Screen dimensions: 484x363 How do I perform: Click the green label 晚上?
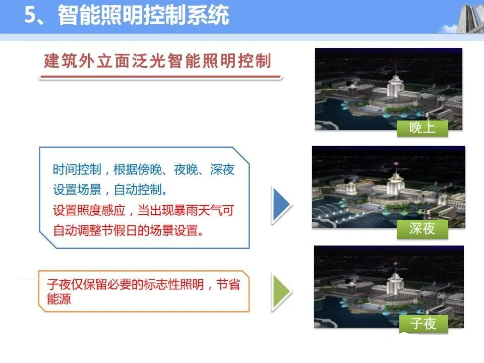[422, 128]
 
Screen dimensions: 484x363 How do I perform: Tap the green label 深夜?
[422, 229]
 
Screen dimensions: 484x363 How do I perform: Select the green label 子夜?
[423, 324]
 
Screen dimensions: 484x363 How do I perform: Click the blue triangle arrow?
[281, 205]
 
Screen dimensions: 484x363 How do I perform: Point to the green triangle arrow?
[281, 292]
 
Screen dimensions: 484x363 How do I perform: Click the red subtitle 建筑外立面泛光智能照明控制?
[157, 60]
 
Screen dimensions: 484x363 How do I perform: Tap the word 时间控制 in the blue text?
[77, 169]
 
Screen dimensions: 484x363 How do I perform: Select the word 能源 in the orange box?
[59, 299]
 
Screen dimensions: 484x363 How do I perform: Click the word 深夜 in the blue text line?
[222, 169]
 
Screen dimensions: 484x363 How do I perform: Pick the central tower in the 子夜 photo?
[395, 280]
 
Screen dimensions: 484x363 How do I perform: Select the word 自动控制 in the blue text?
[138, 190]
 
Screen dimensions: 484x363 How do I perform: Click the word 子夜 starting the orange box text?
[59, 284]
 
